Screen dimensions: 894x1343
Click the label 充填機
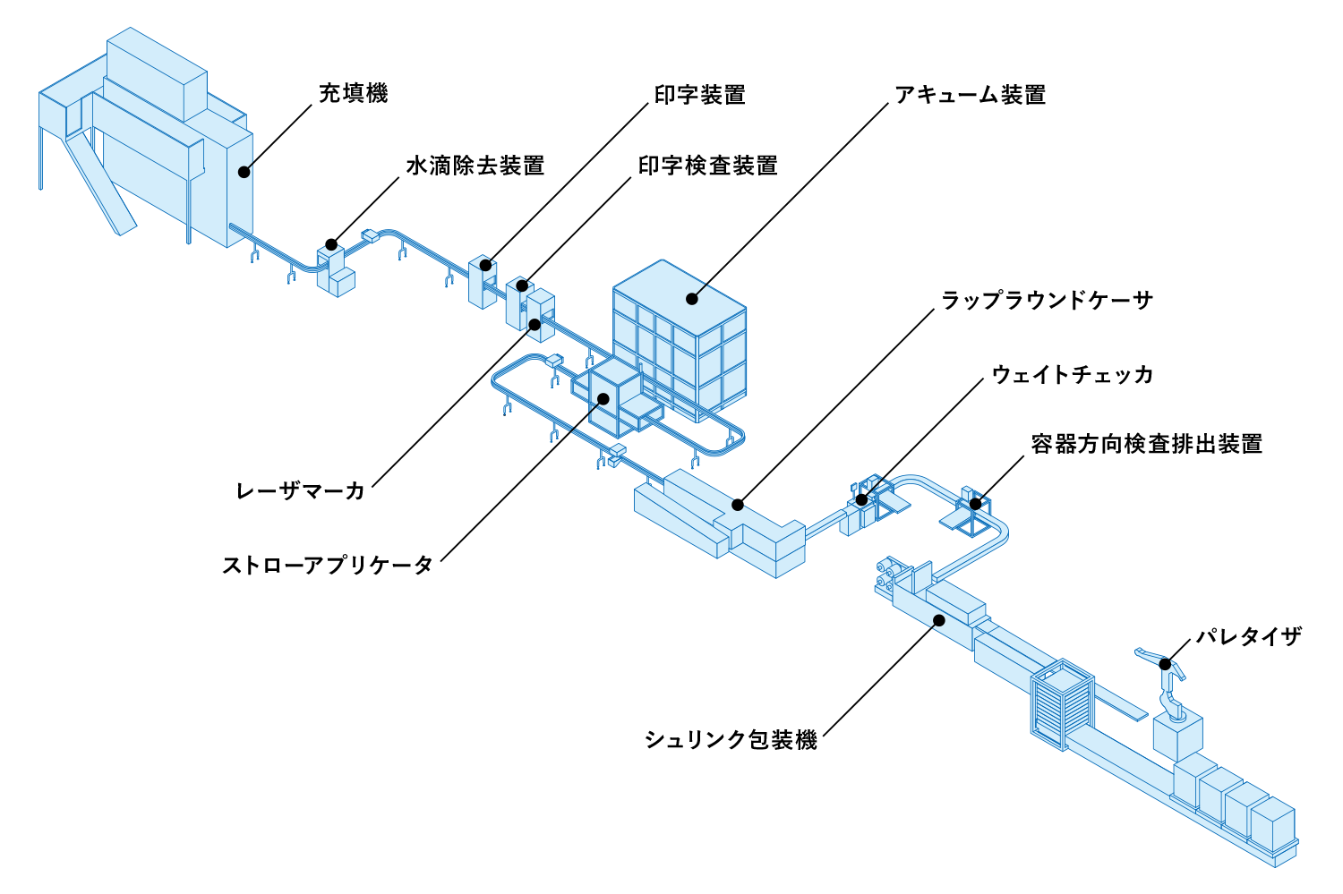(x=353, y=94)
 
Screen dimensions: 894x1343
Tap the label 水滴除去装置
(x=475, y=166)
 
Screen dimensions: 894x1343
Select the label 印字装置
(x=699, y=95)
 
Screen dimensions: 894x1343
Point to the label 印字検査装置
(x=707, y=166)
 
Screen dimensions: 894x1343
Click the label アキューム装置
(x=970, y=95)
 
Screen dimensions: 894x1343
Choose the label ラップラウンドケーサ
(x=1047, y=301)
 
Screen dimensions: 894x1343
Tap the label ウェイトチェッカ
(x=1072, y=374)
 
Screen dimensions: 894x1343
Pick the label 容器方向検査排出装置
(x=1146, y=444)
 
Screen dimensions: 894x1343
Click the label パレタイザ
(x=1248, y=636)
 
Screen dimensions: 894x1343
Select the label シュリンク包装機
(x=731, y=739)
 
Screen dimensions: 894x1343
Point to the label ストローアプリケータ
(x=328, y=565)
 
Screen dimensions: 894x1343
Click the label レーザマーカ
(x=301, y=490)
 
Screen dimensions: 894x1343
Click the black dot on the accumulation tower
(x=691, y=299)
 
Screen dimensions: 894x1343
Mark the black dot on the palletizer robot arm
(x=1165, y=664)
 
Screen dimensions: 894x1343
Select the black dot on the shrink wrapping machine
(x=938, y=619)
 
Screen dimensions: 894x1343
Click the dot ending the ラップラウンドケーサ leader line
(x=737, y=505)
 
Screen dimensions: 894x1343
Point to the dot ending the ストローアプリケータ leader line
(x=603, y=399)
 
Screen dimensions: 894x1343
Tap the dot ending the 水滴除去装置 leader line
(x=331, y=244)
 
